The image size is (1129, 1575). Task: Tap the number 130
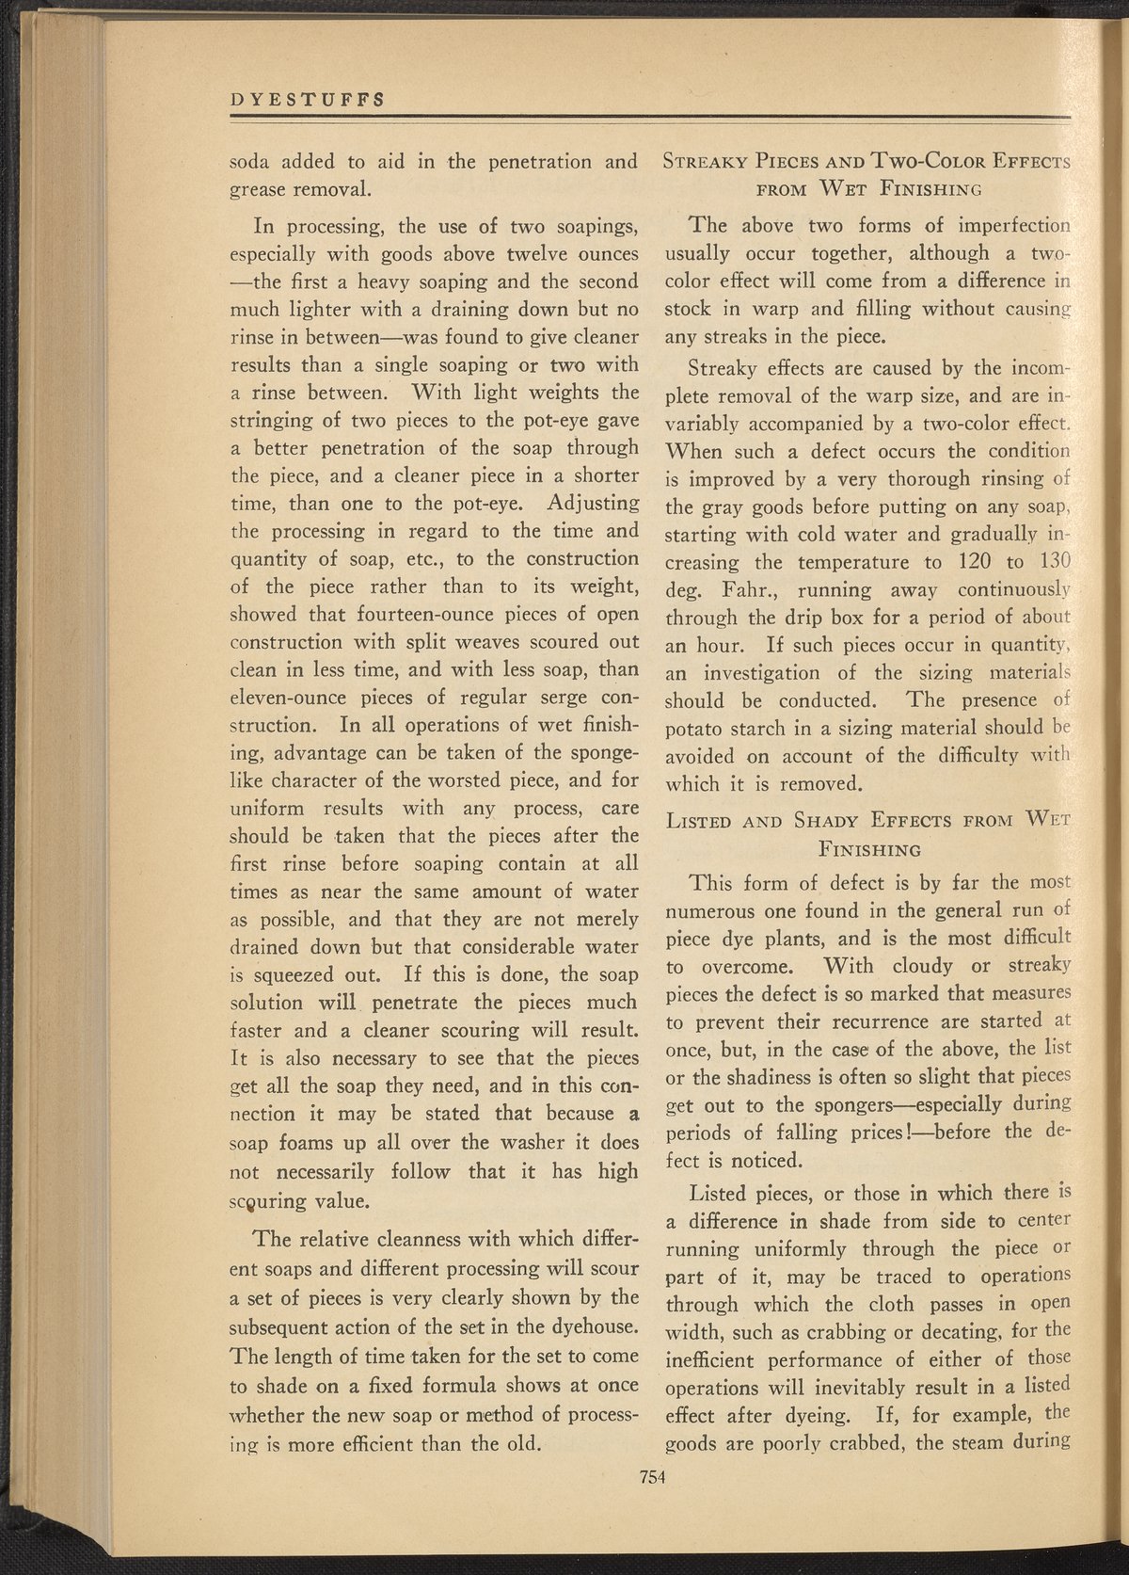point(1052,563)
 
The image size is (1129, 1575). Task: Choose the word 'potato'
point(694,729)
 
